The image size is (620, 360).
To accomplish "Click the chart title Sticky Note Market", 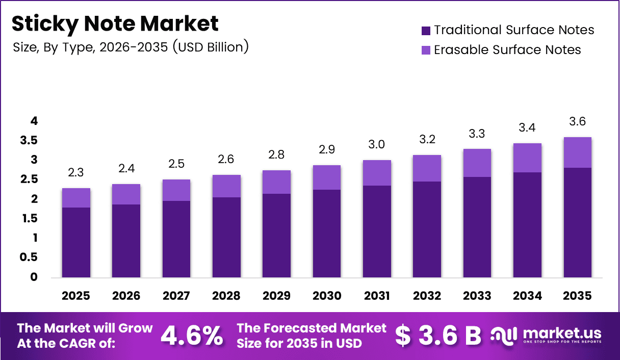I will pyautogui.click(x=115, y=24).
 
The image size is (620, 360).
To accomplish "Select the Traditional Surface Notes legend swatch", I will pyautogui.click(x=426, y=31).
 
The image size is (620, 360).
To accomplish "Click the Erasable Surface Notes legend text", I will pyautogui.click(x=507, y=50).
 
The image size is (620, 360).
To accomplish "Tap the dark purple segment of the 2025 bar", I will pyautogui.click(x=76, y=242).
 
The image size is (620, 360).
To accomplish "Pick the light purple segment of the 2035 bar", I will pyautogui.click(x=577, y=152).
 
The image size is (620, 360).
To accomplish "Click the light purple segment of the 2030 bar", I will pyautogui.click(x=326, y=177).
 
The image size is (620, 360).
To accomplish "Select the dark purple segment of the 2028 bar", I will pyautogui.click(x=226, y=237).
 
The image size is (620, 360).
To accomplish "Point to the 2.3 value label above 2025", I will pyautogui.click(x=76, y=172).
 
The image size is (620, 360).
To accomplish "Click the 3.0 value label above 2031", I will pyautogui.click(x=376, y=144).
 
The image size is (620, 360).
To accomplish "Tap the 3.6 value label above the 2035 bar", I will pyautogui.click(x=577, y=121).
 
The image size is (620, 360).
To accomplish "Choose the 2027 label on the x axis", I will pyautogui.click(x=176, y=296).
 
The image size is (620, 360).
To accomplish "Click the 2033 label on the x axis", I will pyautogui.click(x=477, y=296).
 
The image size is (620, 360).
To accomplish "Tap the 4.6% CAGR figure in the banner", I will pyautogui.click(x=192, y=336).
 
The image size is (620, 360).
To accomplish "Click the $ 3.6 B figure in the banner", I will pyautogui.click(x=438, y=336).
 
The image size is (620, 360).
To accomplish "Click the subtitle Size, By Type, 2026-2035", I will pyautogui.click(x=131, y=47).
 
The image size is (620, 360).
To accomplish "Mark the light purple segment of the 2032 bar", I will pyautogui.click(x=426, y=168).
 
